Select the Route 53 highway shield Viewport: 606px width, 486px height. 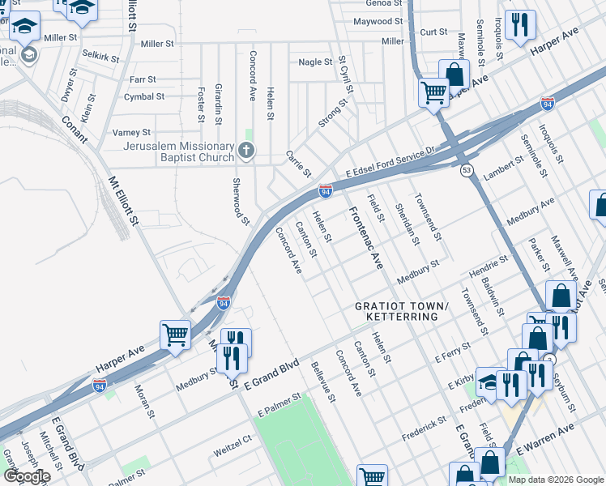(x=466, y=170)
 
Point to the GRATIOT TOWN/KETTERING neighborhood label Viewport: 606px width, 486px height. (x=400, y=311)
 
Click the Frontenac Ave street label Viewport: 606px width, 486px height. (x=365, y=239)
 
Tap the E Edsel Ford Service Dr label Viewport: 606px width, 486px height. (x=390, y=161)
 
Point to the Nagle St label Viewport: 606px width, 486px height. (x=315, y=62)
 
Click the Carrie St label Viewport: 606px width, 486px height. (x=298, y=164)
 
